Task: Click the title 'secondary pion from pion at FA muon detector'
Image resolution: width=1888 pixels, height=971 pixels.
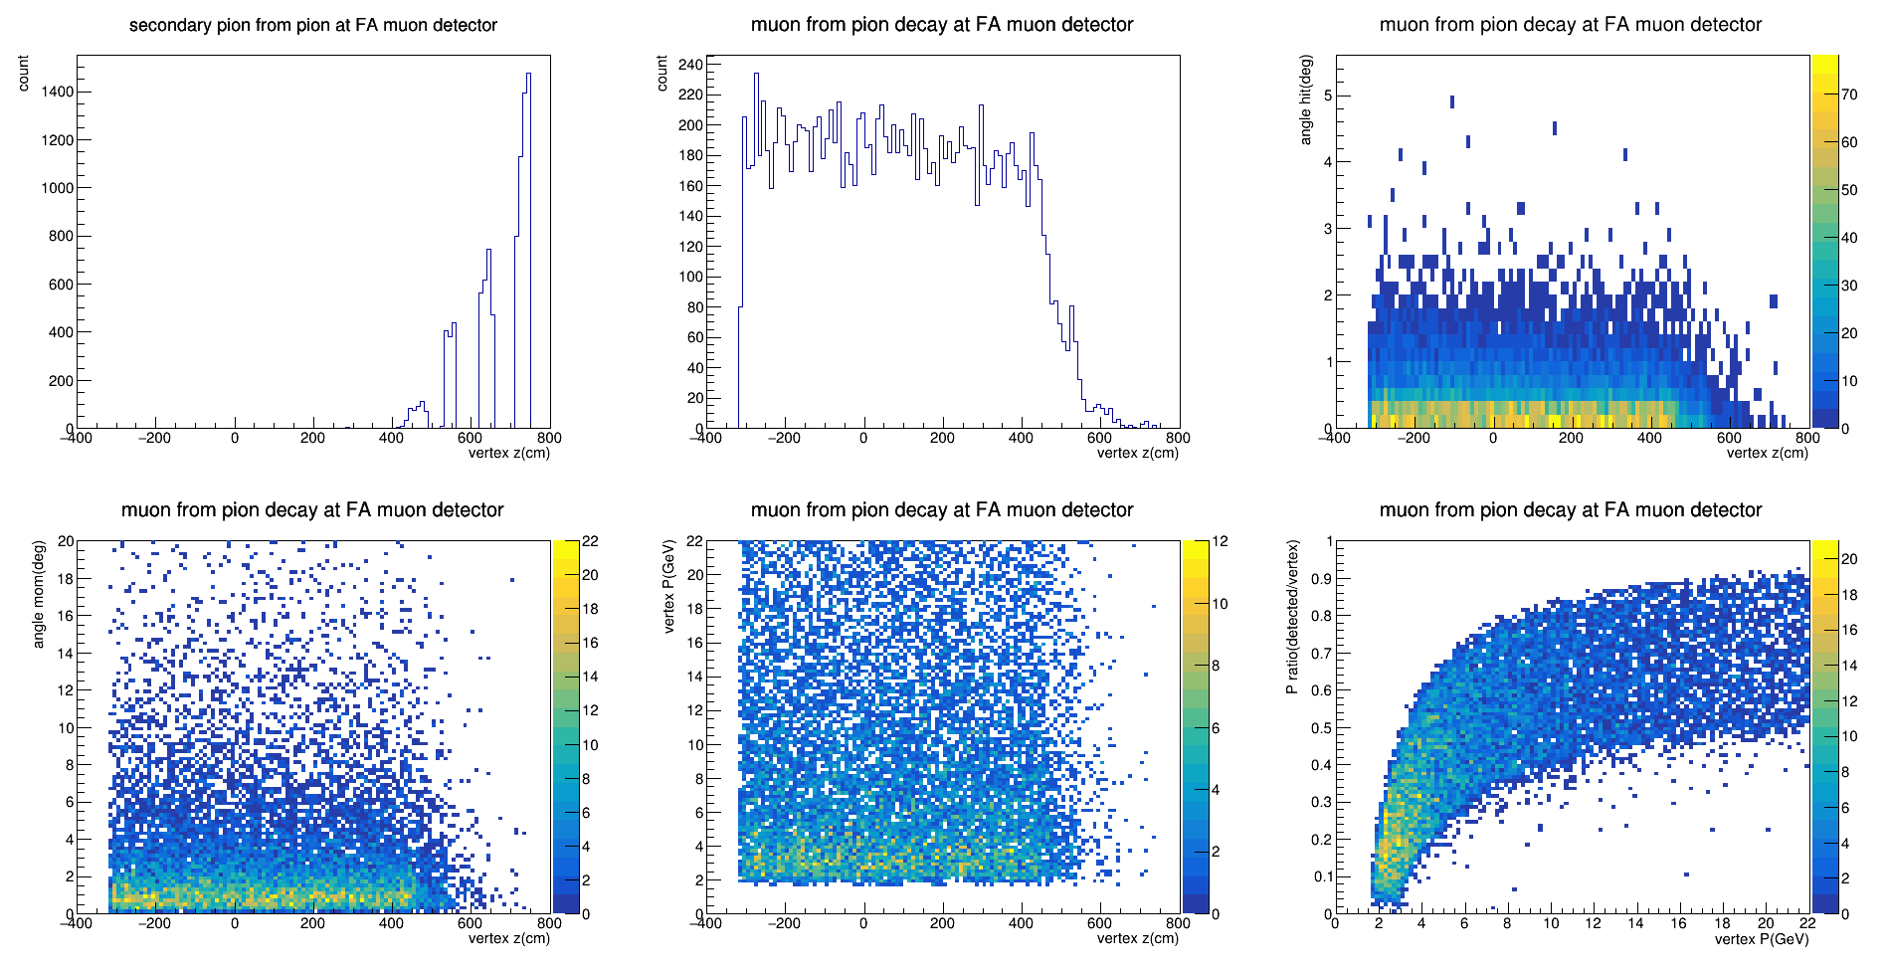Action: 313,25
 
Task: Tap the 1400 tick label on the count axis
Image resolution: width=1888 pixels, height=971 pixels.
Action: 58,92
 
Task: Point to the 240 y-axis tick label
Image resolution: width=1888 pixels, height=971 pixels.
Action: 690,65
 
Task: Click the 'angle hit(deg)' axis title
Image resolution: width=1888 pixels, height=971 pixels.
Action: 1306,99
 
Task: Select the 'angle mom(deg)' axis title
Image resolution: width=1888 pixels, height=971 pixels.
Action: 39,594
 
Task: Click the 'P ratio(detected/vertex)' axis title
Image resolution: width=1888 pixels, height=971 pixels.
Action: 1292,617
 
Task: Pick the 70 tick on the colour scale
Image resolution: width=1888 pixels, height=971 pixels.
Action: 1849,95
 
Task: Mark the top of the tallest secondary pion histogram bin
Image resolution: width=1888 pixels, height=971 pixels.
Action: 528,73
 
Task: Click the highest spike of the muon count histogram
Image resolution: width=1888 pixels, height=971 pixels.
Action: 756,73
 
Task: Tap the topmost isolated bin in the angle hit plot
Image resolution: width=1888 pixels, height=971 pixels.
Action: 1452,101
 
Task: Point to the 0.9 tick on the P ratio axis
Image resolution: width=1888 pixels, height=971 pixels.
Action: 1321,579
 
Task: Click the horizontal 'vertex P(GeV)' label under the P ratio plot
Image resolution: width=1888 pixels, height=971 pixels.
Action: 1762,938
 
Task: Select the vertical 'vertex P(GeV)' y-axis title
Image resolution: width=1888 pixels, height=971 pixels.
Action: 668,586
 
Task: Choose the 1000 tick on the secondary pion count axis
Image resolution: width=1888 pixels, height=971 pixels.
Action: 58,188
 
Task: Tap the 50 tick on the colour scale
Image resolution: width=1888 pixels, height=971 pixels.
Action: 1849,190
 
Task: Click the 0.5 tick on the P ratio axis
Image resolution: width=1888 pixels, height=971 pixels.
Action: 1321,728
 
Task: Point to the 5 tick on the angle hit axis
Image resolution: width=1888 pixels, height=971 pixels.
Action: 1327,97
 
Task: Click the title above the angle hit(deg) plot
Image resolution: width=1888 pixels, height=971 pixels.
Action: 1571,25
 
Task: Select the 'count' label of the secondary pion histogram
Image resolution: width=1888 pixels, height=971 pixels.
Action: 23,74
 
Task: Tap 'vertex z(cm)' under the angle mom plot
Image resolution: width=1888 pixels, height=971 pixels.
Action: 508,938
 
